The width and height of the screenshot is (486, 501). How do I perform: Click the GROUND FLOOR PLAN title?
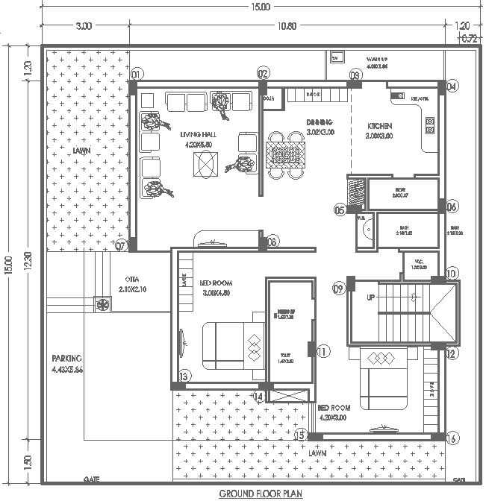pyautogui.click(x=260, y=494)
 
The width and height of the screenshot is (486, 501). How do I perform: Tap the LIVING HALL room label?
pyautogui.click(x=197, y=134)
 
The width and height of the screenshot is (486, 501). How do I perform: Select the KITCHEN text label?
pyautogui.click(x=378, y=126)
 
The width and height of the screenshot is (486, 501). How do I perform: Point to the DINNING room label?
pyautogui.click(x=320, y=122)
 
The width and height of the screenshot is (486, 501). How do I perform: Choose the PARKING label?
pyautogui.click(x=66, y=358)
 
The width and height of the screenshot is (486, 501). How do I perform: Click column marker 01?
pyautogui.click(x=137, y=75)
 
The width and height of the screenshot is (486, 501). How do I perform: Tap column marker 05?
pyautogui.click(x=340, y=211)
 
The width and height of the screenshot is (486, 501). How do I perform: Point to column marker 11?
pyautogui.click(x=323, y=350)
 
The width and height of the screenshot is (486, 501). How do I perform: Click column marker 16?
pyautogui.click(x=452, y=439)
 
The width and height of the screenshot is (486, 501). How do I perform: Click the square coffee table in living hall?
pyautogui.click(x=206, y=163)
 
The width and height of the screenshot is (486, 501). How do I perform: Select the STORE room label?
pyautogui.click(x=401, y=191)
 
